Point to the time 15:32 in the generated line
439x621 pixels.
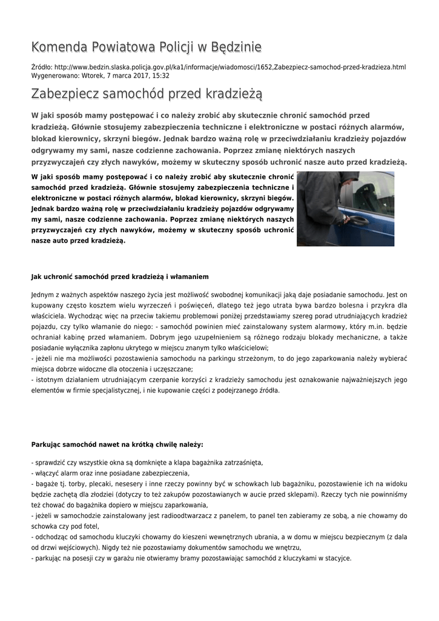[x=160, y=76]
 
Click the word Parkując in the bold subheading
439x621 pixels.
[x=47, y=445]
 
